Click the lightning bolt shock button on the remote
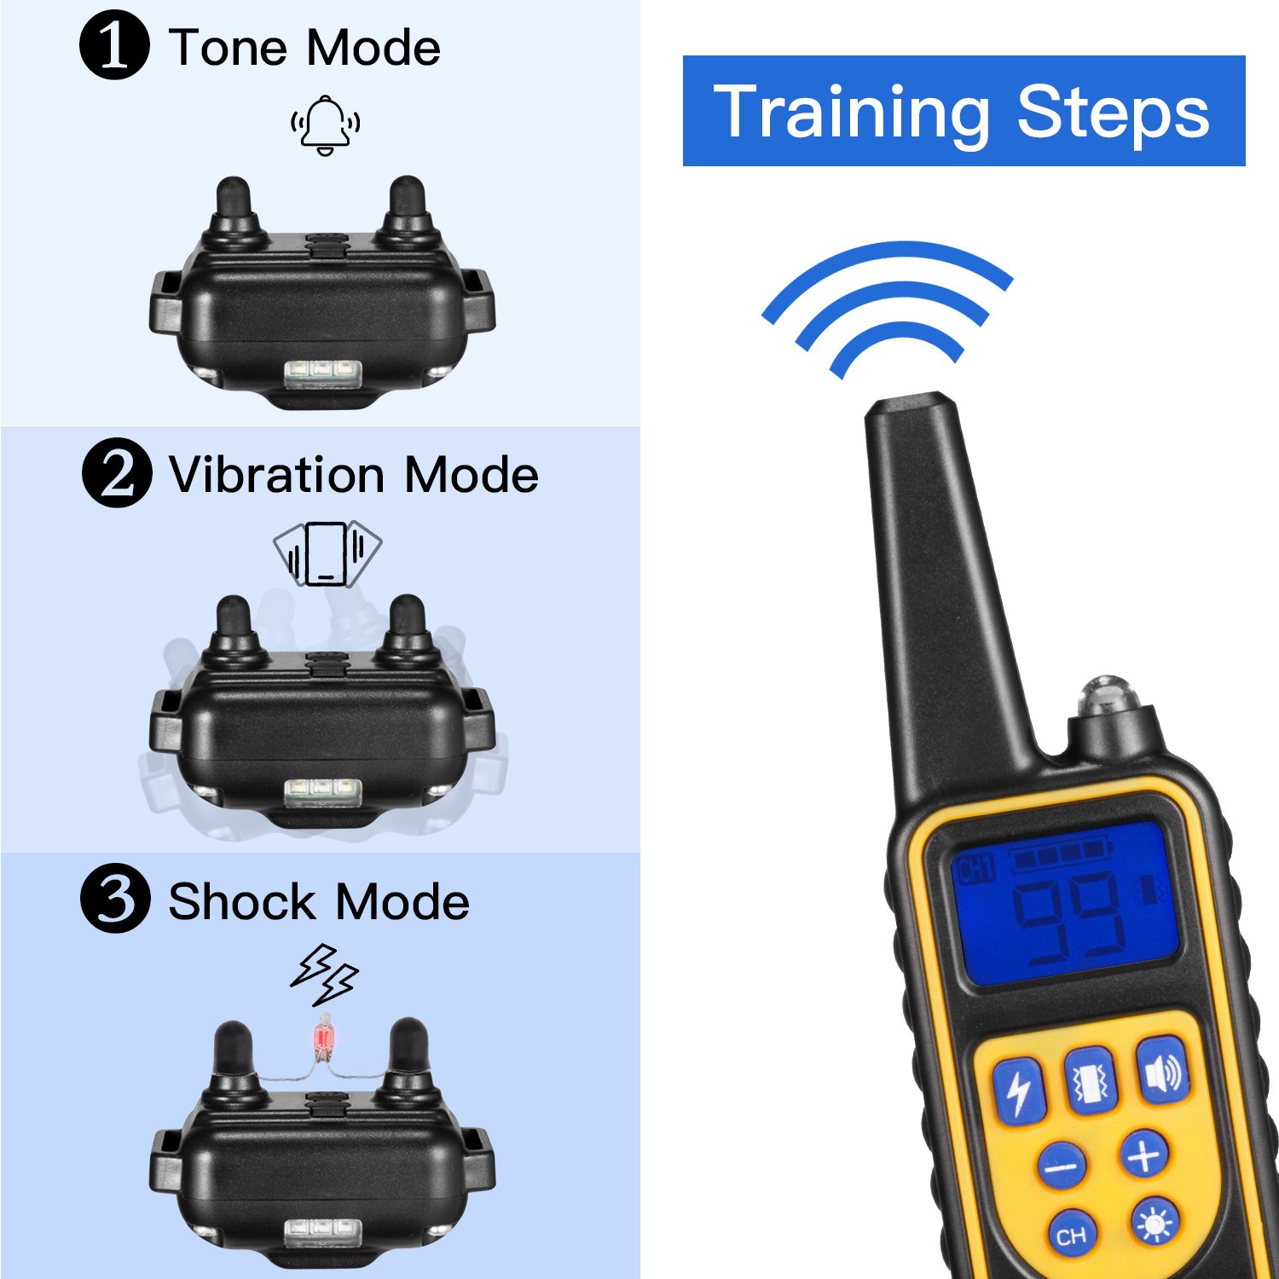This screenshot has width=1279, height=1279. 1019,1091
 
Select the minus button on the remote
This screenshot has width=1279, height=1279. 1062,1165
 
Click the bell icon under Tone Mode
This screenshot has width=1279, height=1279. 325,124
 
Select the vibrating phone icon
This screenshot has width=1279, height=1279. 327,553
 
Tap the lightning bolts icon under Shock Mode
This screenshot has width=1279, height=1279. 324,974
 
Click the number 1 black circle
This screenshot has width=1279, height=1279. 114,45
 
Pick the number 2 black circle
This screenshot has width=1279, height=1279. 117,473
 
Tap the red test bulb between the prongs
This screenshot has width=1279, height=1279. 324,1038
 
